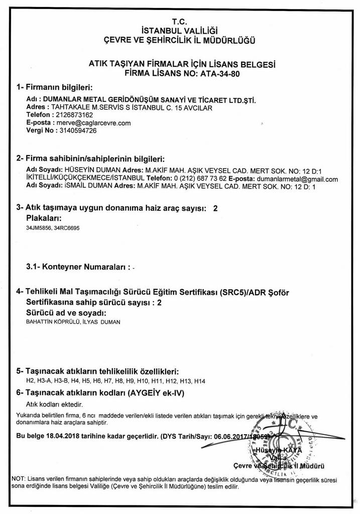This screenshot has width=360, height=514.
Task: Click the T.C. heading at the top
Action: click(179, 22)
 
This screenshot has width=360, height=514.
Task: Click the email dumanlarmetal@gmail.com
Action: click(297, 179)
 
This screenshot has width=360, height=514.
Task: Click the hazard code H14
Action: click(199, 381)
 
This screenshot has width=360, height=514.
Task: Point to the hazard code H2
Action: click(30, 381)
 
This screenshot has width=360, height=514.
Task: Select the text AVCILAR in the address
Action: click(199, 107)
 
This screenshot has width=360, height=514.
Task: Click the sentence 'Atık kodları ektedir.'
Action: click(54, 404)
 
